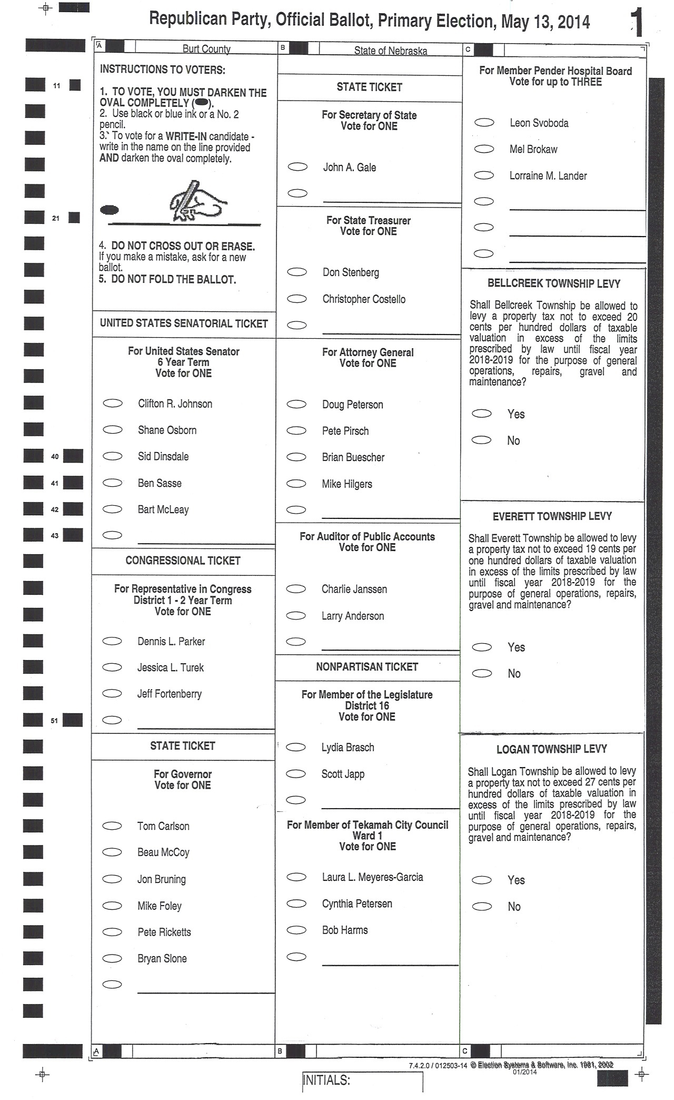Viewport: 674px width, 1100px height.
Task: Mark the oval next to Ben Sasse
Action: tap(112, 482)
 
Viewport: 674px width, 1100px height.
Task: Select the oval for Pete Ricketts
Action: tap(112, 931)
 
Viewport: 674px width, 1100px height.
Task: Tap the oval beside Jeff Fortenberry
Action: tap(112, 693)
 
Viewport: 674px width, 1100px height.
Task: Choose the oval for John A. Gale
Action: tap(298, 167)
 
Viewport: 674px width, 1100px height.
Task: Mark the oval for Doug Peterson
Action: tap(296, 404)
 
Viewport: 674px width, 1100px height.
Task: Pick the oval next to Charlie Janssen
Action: tap(296, 588)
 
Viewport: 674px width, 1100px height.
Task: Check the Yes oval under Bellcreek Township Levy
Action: tap(482, 414)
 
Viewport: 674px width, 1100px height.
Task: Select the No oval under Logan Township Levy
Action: tap(482, 906)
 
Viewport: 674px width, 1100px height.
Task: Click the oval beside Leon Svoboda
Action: tap(484, 122)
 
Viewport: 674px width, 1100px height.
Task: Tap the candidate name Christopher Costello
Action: tap(364, 299)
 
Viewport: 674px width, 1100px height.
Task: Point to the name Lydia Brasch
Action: tap(348, 747)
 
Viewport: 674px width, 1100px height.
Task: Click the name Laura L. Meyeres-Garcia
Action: tap(372, 877)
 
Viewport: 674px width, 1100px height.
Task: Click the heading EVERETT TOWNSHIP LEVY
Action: tap(552, 516)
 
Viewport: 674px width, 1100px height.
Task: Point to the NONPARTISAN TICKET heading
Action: tap(367, 667)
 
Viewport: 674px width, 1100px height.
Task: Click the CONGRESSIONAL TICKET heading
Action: tap(183, 561)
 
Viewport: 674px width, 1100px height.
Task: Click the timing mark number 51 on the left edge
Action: tap(54, 720)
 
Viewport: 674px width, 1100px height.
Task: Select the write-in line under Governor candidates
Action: tap(206, 988)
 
